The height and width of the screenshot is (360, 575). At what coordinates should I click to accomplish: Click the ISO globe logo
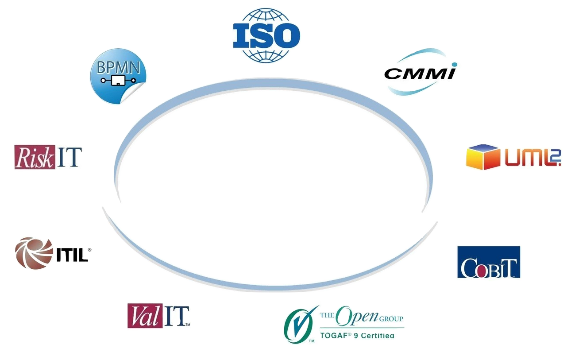point(266,35)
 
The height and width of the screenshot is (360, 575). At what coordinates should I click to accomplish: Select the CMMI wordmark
point(420,72)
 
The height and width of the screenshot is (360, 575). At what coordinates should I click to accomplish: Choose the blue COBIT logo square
point(488,262)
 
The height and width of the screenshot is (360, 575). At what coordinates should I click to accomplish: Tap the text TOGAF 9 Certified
point(357,336)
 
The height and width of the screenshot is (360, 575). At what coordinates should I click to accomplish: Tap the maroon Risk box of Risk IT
point(35,157)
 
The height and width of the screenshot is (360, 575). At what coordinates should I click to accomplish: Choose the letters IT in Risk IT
point(68,157)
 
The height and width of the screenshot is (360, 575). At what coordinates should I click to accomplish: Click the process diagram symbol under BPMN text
point(117,81)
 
